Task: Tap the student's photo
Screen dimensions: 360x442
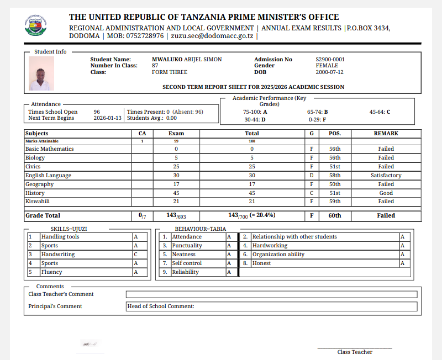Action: point(41,73)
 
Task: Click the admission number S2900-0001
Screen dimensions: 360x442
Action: point(330,59)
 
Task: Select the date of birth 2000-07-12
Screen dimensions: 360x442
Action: point(329,72)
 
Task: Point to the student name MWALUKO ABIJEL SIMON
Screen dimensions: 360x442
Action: point(187,59)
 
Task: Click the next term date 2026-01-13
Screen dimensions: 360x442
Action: point(107,118)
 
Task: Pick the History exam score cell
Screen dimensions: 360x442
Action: point(176,193)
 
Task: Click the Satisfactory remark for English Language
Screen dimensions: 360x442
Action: point(386,176)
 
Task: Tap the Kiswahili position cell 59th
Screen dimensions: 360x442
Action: point(335,202)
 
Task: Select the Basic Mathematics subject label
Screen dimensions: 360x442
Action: point(49,149)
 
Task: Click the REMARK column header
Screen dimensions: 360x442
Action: point(386,134)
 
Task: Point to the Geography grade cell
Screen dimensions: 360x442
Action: point(312,184)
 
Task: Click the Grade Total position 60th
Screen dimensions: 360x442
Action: point(335,216)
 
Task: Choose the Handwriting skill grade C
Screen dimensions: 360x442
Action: point(135,255)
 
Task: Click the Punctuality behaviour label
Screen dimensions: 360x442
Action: point(187,246)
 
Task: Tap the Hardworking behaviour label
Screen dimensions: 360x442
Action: point(270,246)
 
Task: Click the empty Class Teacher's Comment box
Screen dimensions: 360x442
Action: point(271,294)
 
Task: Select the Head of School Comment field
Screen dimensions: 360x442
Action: point(271,306)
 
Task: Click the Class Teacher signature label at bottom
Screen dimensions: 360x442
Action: point(355,352)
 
